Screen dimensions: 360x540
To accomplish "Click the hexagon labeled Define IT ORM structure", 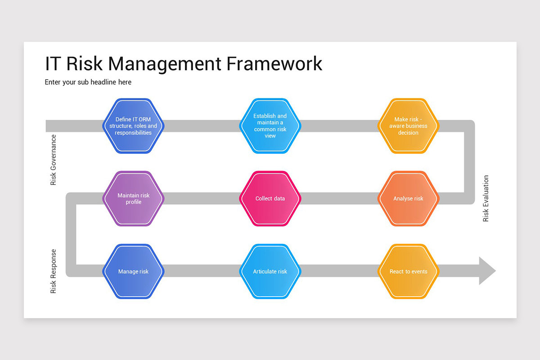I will pyautogui.click(x=133, y=126).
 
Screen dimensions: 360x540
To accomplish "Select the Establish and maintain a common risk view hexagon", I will pyautogui.click(x=270, y=126).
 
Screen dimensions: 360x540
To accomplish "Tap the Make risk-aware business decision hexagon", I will pyautogui.click(x=408, y=126).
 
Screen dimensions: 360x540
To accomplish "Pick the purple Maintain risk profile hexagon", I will pyautogui.click(x=133, y=198).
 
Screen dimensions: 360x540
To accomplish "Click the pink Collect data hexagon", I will pyautogui.click(x=270, y=198).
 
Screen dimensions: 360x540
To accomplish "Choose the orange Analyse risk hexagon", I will pyautogui.click(x=408, y=198).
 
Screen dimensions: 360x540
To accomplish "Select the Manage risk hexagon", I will pyautogui.click(x=133, y=271).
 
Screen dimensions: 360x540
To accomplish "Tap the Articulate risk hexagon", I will pyautogui.click(x=270, y=271).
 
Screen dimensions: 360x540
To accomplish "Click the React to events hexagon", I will pyautogui.click(x=408, y=271).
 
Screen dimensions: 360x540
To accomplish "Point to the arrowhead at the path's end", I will pyautogui.click(x=486, y=271).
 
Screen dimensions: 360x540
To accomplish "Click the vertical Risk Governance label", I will pyautogui.click(x=54, y=160).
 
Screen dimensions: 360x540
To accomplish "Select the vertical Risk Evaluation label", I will pyautogui.click(x=486, y=198).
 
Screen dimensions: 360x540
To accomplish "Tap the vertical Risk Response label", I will pyautogui.click(x=54, y=271).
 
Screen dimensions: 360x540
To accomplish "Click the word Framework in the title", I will pyautogui.click(x=274, y=63).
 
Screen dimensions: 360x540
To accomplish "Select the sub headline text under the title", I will pyautogui.click(x=88, y=82).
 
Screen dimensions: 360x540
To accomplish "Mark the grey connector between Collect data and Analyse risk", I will pyautogui.click(x=339, y=198).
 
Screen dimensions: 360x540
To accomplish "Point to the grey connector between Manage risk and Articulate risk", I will pyautogui.click(x=202, y=271).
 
